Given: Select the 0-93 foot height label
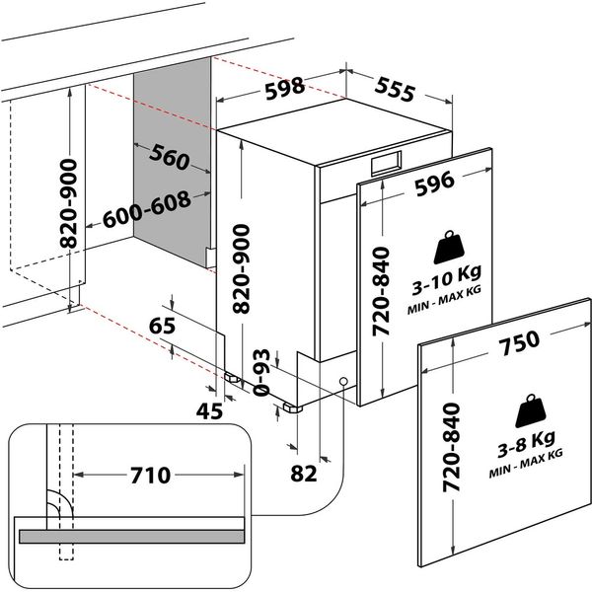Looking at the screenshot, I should pos(263,373).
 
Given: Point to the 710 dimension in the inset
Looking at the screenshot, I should pos(151,475).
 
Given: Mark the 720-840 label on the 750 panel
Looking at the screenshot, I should pos(452,450).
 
